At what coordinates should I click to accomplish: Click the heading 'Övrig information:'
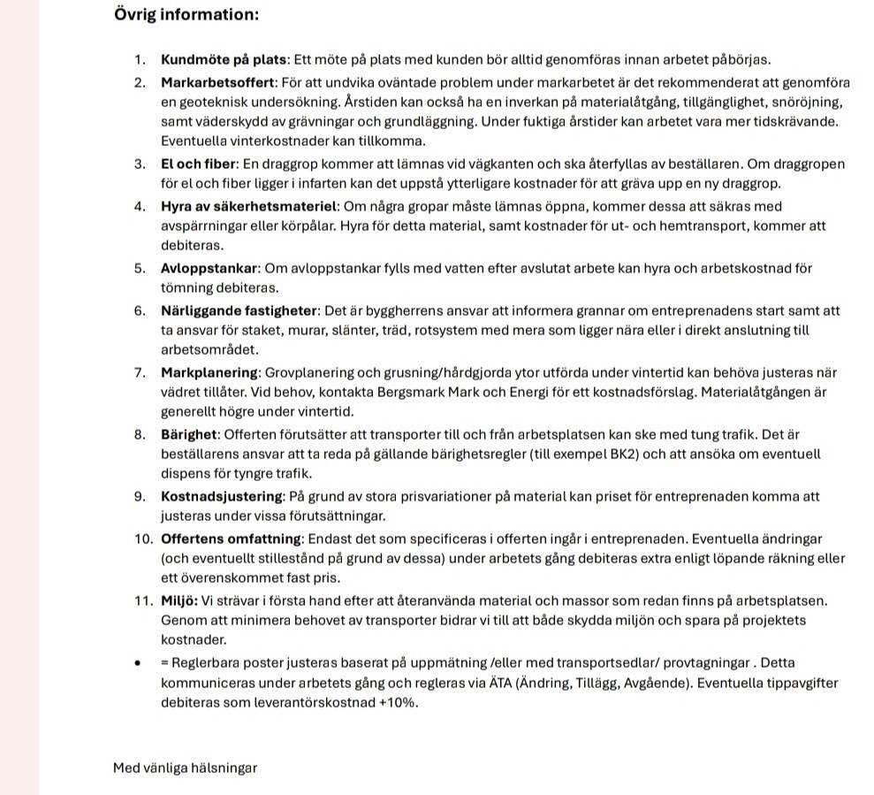click(186, 14)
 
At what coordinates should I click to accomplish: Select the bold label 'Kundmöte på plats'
click(224, 60)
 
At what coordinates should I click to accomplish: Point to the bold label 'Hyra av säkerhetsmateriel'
click(250, 207)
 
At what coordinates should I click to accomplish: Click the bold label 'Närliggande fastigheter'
click(239, 311)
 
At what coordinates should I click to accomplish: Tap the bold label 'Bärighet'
click(189, 434)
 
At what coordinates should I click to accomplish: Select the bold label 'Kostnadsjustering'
click(222, 496)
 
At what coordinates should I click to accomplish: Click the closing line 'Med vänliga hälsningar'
click(185, 768)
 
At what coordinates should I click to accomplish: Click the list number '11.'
click(144, 601)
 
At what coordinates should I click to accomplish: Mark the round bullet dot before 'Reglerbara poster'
click(139, 663)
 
